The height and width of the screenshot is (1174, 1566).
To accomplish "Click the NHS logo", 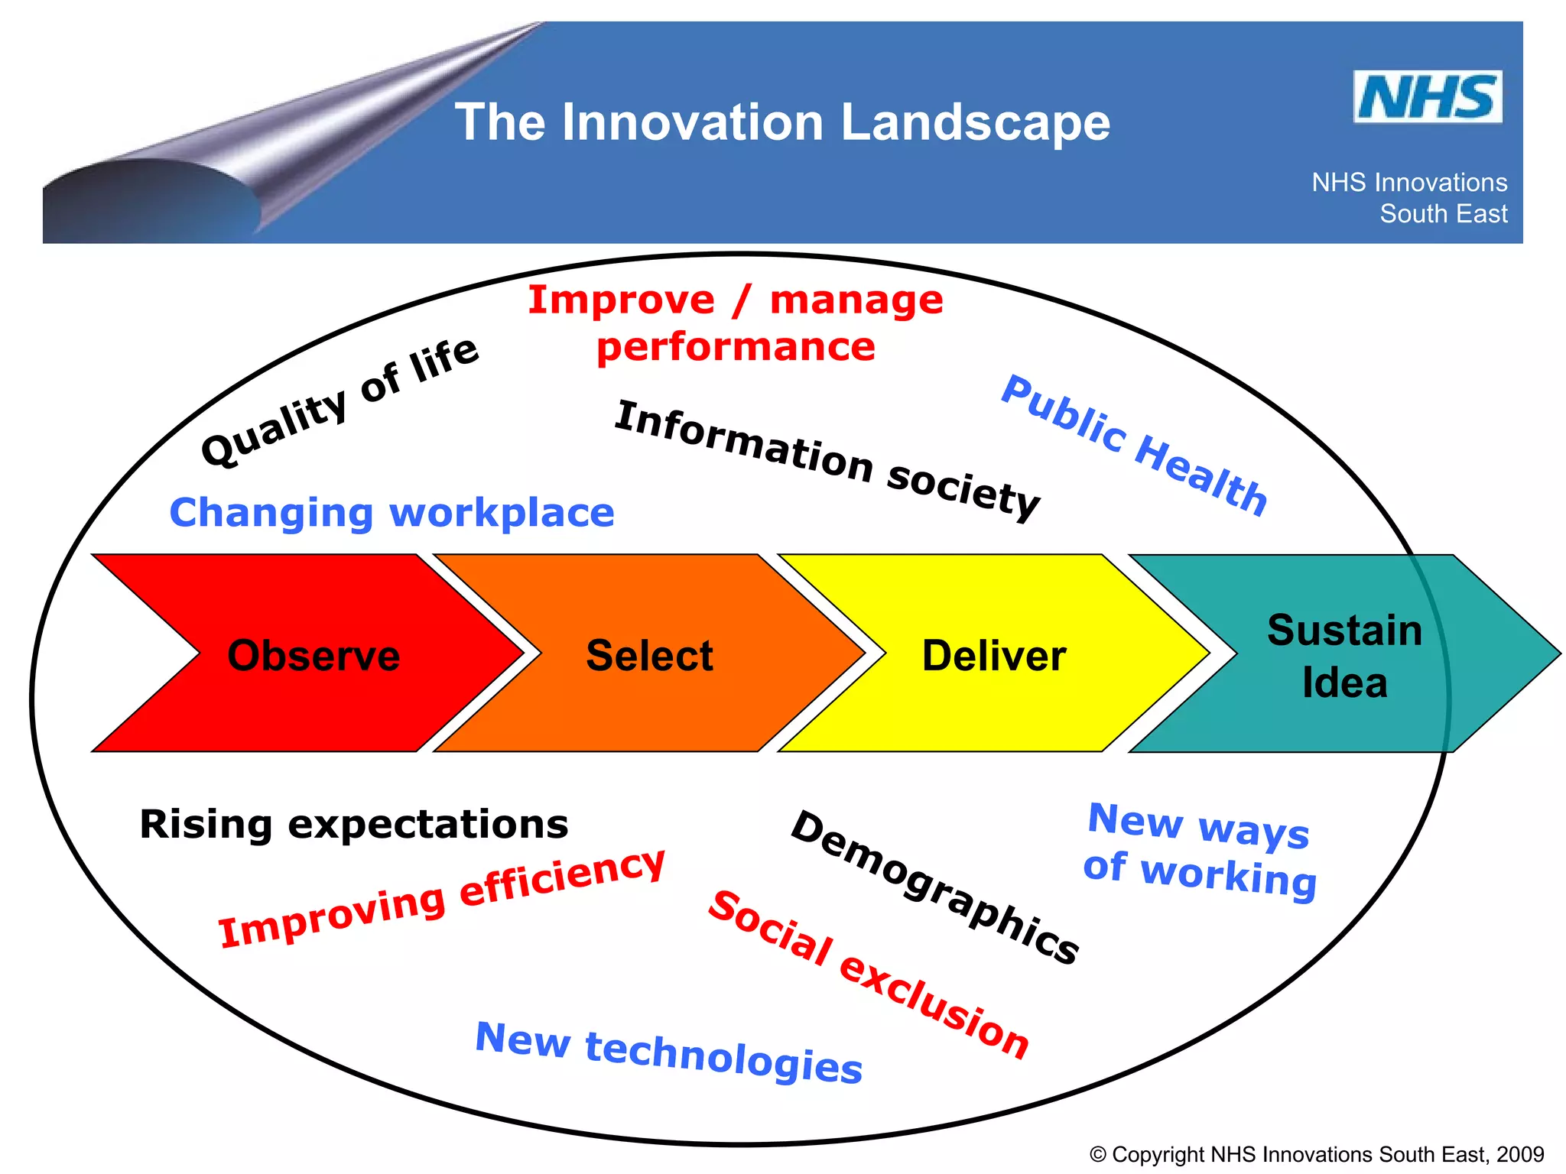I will pyautogui.click(x=1427, y=97).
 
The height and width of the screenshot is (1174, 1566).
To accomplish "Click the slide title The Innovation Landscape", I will pyautogui.click(x=782, y=122).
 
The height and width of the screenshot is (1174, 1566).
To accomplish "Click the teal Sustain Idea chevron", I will pyautogui.click(x=1344, y=655).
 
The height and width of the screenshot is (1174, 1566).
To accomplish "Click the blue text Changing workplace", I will pyautogui.click(x=391, y=512).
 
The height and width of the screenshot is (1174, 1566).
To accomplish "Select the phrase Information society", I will pyautogui.click(x=827, y=461).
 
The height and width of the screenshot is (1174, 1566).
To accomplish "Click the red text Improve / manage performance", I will pyautogui.click(x=736, y=323).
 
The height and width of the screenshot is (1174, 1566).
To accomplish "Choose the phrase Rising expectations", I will pyautogui.click(x=354, y=824).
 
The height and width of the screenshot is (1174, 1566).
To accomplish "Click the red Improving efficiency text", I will pyautogui.click(x=442, y=898).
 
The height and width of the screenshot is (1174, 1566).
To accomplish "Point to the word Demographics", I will pyautogui.click(x=934, y=887).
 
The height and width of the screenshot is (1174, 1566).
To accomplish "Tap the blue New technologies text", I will pyautogui.click(x=669, y=1052).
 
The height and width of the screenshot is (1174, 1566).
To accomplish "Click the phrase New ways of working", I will pyautogui.click(x=1200, y=850).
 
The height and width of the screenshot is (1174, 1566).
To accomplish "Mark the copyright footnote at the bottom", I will pyautogui.click(x=1317, y=1153).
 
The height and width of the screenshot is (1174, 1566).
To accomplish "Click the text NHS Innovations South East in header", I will pyautogui.click(x=1410, y=198).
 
